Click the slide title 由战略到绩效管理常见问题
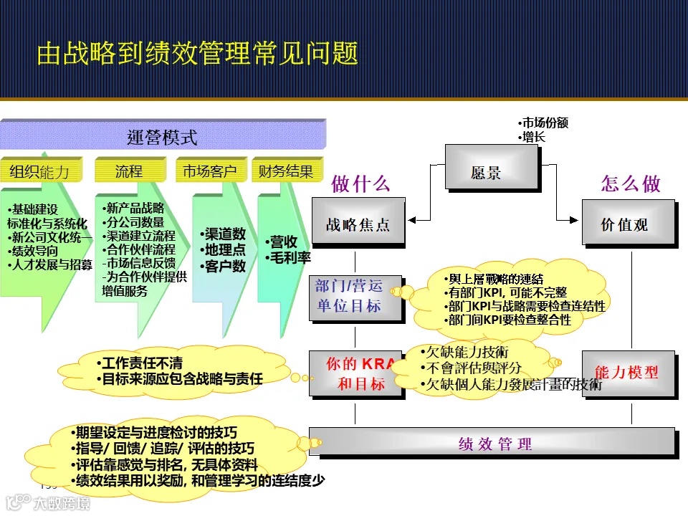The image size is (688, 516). [197, 54]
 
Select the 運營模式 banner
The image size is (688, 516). [162, 136]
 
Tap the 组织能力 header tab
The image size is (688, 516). [40, 172]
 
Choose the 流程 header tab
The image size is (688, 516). [129, 171]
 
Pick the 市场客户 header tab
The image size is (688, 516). [209, 171]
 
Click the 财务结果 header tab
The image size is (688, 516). [286, 171]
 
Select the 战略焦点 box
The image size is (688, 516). [358, 224]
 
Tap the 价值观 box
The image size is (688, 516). [627, 224]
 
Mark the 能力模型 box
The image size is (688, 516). [627, 373]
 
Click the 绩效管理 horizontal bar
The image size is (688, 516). [492, 443]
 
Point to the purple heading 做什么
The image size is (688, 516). [360, 183]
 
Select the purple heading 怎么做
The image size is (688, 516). [631, 183]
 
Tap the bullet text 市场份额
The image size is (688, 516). [545, 123]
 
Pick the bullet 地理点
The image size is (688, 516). [224, 250]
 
